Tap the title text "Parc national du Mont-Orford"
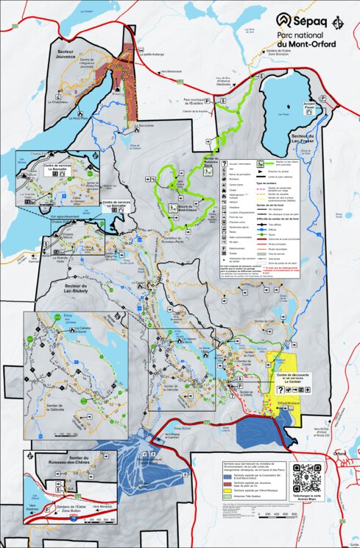pos(306,40)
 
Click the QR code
pos(308,477)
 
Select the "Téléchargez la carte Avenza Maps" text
pos(308,501)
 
